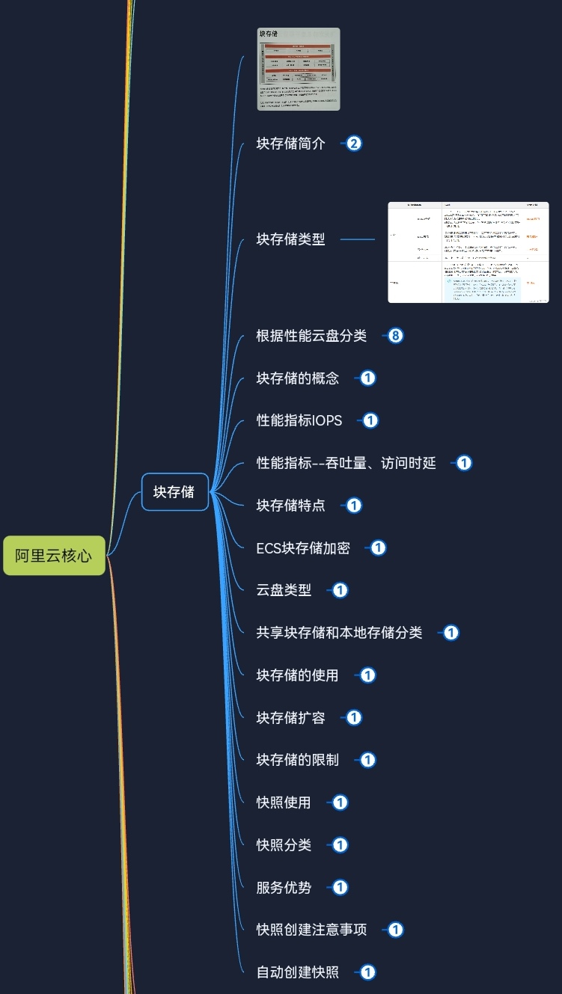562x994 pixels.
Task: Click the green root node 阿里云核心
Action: point(54,556)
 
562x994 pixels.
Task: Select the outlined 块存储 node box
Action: point(174,491)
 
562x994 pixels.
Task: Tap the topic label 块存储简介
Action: point(291,144)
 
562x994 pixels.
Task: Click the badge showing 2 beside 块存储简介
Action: point(354,144)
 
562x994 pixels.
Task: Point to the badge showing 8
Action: point(396,336)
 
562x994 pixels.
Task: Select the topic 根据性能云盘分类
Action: point(311,336)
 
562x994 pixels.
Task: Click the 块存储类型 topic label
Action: point(291,239)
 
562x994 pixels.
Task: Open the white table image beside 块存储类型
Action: point(468,252)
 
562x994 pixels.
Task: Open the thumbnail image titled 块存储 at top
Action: point(299,69)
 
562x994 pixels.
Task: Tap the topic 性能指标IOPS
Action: point(299,420)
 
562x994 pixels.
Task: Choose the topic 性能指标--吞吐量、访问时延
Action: point(346,463)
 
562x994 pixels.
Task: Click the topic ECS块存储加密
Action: point(303,547)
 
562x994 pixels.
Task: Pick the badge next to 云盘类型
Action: point(340,590)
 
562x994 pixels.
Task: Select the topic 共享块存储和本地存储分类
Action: point(339,633)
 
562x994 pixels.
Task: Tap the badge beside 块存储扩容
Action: point(354,717)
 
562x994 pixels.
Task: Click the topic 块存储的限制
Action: point(297,760)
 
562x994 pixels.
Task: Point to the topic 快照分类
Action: point(284,845)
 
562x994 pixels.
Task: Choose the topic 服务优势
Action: point(284,888)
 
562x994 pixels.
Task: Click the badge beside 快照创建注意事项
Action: point(396,930)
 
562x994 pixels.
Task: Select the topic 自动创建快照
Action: point(297,972)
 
